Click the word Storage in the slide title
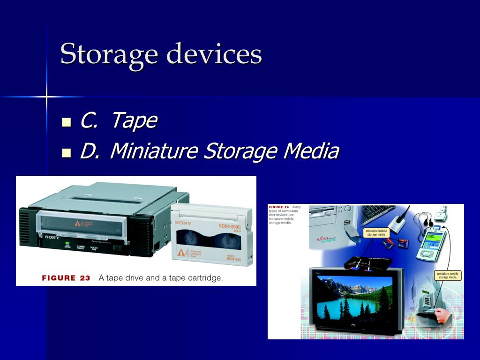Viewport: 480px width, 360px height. coord(108,53)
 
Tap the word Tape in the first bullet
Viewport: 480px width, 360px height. coord(134,121)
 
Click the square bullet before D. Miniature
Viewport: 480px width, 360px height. coord(67,152)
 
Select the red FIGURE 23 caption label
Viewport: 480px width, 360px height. coord(66,278)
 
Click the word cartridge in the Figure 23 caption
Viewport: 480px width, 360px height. coord(203,278)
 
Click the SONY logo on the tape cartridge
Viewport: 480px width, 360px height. coord(183,223)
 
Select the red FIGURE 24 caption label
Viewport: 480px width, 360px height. coord(279,207)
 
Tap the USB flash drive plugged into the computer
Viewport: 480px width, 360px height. coord(349,236)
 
